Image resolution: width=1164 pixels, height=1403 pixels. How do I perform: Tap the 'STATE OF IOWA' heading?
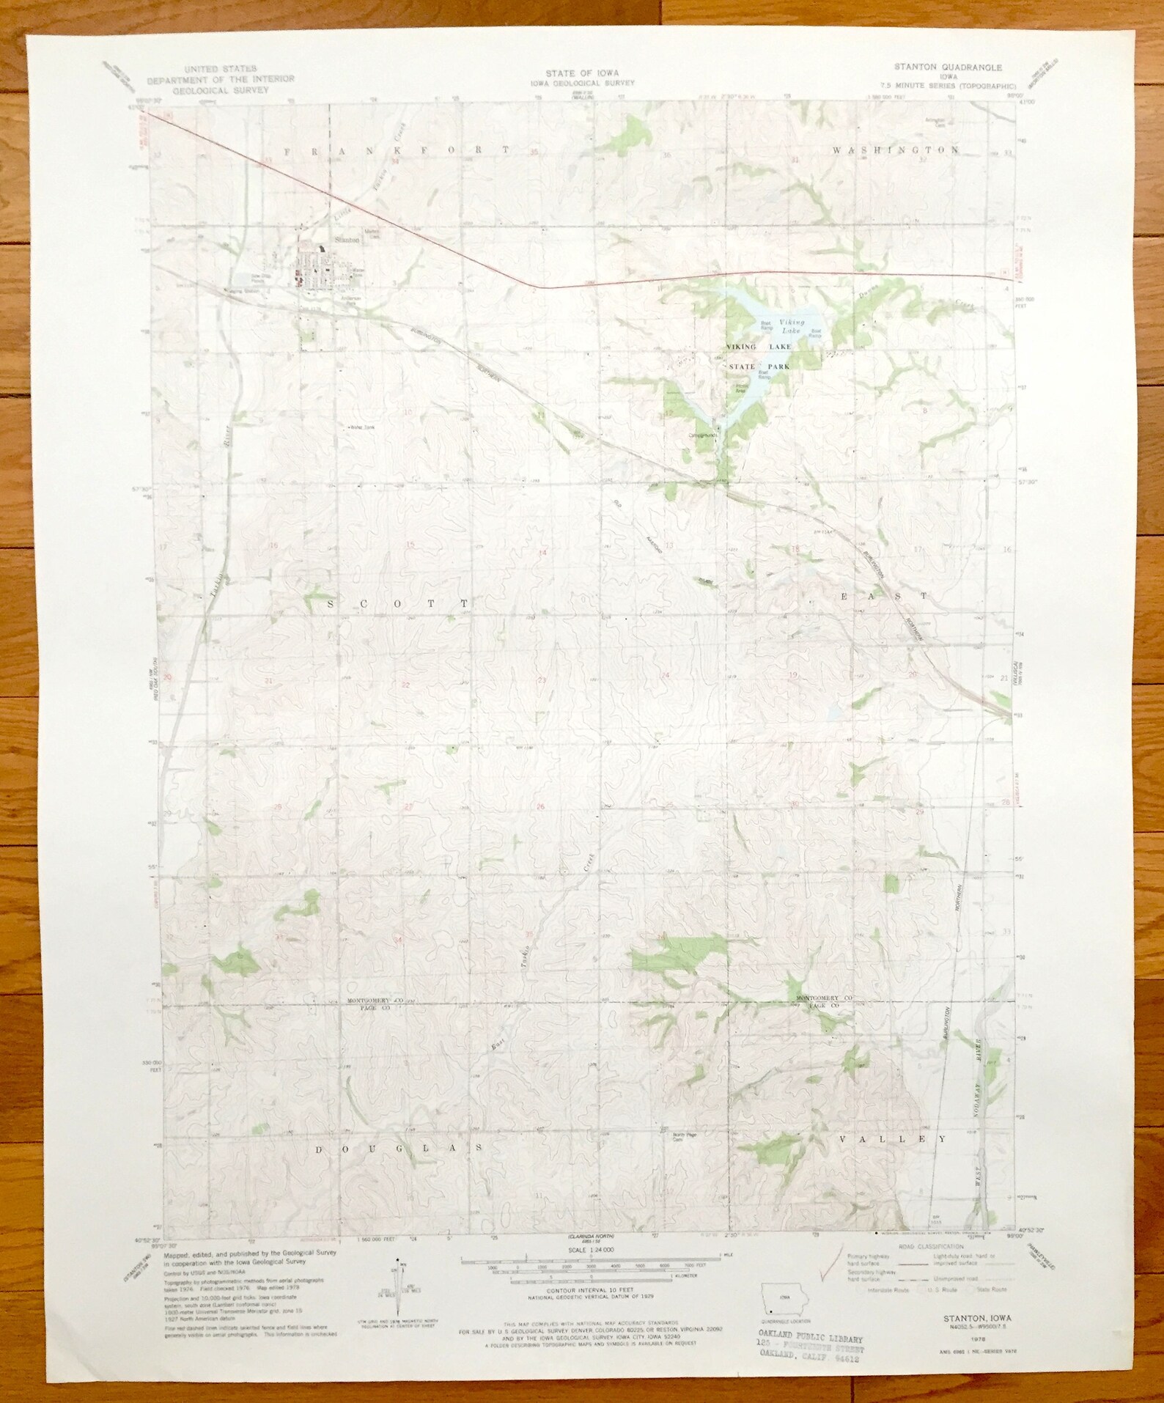[581, 73]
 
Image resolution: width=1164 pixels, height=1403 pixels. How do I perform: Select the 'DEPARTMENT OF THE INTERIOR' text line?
[221, 78]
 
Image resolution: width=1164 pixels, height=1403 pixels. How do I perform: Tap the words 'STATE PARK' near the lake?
[760, 365]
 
